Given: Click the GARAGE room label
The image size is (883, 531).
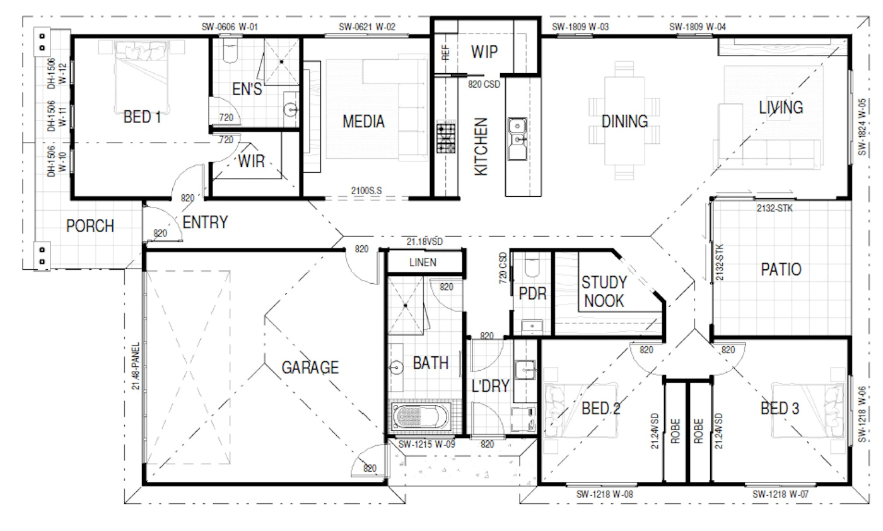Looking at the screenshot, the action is pyautogui.click(x=310, y=368).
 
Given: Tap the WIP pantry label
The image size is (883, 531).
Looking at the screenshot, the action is pyautogui.click(x=484, y=52).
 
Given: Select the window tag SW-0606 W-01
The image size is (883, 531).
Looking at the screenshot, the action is pyautogui.click(x=230, y=27).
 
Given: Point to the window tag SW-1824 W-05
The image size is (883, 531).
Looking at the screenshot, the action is pyautogui.click(x=862, y=127).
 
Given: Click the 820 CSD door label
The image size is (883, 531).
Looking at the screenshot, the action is pyautogui.click(x=484, y=84).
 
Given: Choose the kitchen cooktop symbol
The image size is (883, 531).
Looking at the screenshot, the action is pyautogui.click(x=446, y=138).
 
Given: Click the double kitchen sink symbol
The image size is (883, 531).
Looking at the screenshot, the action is pyautogui.click(x=517, y=138).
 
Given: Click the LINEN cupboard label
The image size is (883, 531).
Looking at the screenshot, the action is pyautogui.click(x=423, y=262).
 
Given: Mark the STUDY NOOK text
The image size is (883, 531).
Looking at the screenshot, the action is pyautogui.click(x=604, y=292).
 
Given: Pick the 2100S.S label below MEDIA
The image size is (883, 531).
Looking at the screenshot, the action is pyautogui.click(x=366, y=191).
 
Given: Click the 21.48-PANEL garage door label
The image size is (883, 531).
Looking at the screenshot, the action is pyautogui.click(x=136, y=366).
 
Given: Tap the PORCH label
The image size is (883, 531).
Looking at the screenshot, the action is pyautogui.click(x=90, y=226).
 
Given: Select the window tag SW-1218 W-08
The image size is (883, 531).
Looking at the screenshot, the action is pyautogui.click(x=605, y=494).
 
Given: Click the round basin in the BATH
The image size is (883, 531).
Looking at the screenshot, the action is pyautogui.click(x=396, y=368).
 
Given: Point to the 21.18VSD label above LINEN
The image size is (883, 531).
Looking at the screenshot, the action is pyautogui.click(x=424, y=242).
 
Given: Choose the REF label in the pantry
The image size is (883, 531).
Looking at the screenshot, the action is pyautogui.click(x=445, y=52).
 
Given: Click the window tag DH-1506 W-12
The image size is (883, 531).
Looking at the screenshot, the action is pyautogui.click(x=57, y=74).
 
